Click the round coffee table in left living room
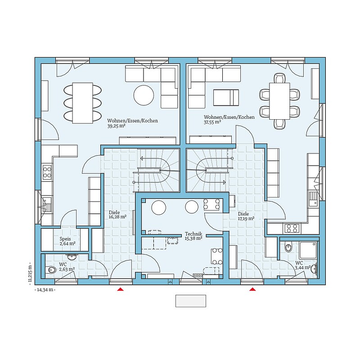pos(144,95)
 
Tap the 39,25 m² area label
pos(117,127)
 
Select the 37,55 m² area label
pos(212,122)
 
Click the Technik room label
pos(193,234)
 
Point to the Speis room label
pos(65,239)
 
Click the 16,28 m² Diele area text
pos(117,217)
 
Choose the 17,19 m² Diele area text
pos(246,219)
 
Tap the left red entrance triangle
pos(120,289)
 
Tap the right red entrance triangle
pos(252,289)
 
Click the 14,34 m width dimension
pos(45,291)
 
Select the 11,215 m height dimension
pos(30,272)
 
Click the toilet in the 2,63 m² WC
pos(51,270)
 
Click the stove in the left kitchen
pos(47,171)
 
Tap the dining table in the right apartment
pos(279,100)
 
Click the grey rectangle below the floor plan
pos(190,301)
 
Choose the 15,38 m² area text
pos(193,238)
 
